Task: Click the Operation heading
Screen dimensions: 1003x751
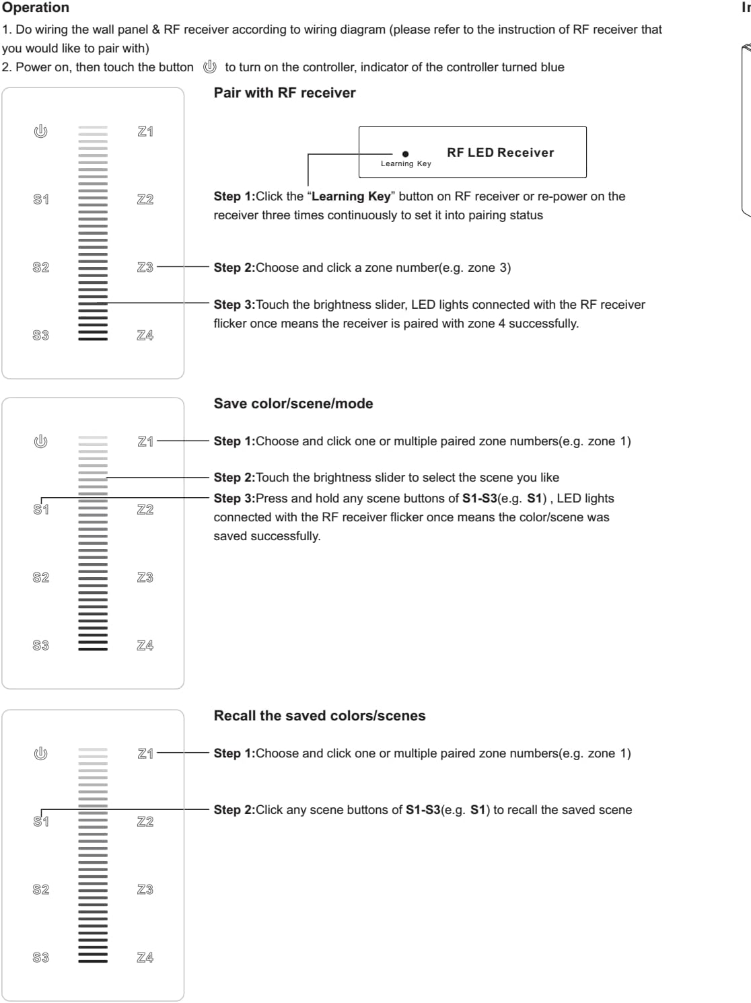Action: (x=35, y=7)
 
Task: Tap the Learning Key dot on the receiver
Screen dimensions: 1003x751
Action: (x=405, y=154)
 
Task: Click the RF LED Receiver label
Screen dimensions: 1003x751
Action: (x=500, y=153)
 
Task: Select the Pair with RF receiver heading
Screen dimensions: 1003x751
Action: (x=284, y=93)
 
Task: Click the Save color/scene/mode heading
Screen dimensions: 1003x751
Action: (x=293, y=404)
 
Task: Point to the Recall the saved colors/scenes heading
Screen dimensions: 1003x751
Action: (x=319, y=716)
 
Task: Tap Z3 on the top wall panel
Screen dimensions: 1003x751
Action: (x=145, y=267)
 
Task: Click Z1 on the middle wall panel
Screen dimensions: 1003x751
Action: (x=145, y=441)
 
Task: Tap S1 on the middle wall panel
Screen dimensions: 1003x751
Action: (x=41, y=509)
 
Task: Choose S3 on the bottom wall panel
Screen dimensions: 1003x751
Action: (x=41, y=957)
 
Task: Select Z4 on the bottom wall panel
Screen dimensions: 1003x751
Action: (x=145, y=957)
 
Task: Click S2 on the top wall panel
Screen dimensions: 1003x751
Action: (x=41, y=267)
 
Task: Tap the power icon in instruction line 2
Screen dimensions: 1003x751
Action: (x=210, y=67)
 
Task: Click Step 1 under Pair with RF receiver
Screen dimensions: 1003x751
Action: (x=234, y=196)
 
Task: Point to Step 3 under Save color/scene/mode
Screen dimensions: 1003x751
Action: (x=234, y=498)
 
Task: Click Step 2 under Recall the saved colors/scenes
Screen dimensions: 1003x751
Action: (x=234, y=810)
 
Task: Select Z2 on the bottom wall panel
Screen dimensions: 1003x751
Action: (x=145, y=821)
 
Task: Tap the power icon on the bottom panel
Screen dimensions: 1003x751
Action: (x=41, y=753)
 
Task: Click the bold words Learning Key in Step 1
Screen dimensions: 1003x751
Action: (x=351, y=196)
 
